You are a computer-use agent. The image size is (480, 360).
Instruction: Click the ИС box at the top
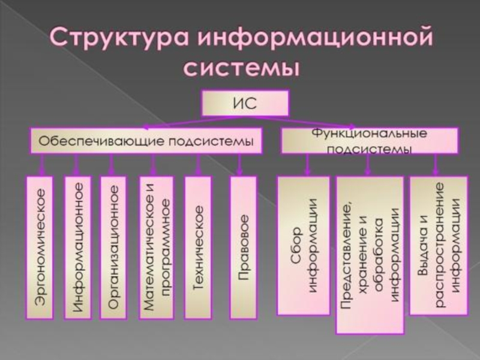pyautogui.click(x=245, y=103)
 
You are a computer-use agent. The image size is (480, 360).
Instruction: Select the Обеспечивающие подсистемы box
pyautogui.click(x=147, y=141)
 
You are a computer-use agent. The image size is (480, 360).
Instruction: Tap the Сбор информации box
pyautogui.click(x=303, y=245)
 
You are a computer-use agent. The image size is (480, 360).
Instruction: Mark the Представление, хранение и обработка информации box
pyautogui.click(x=369, y=254)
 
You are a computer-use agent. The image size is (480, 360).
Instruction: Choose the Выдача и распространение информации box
pyautogui.click(x=438, y=245)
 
